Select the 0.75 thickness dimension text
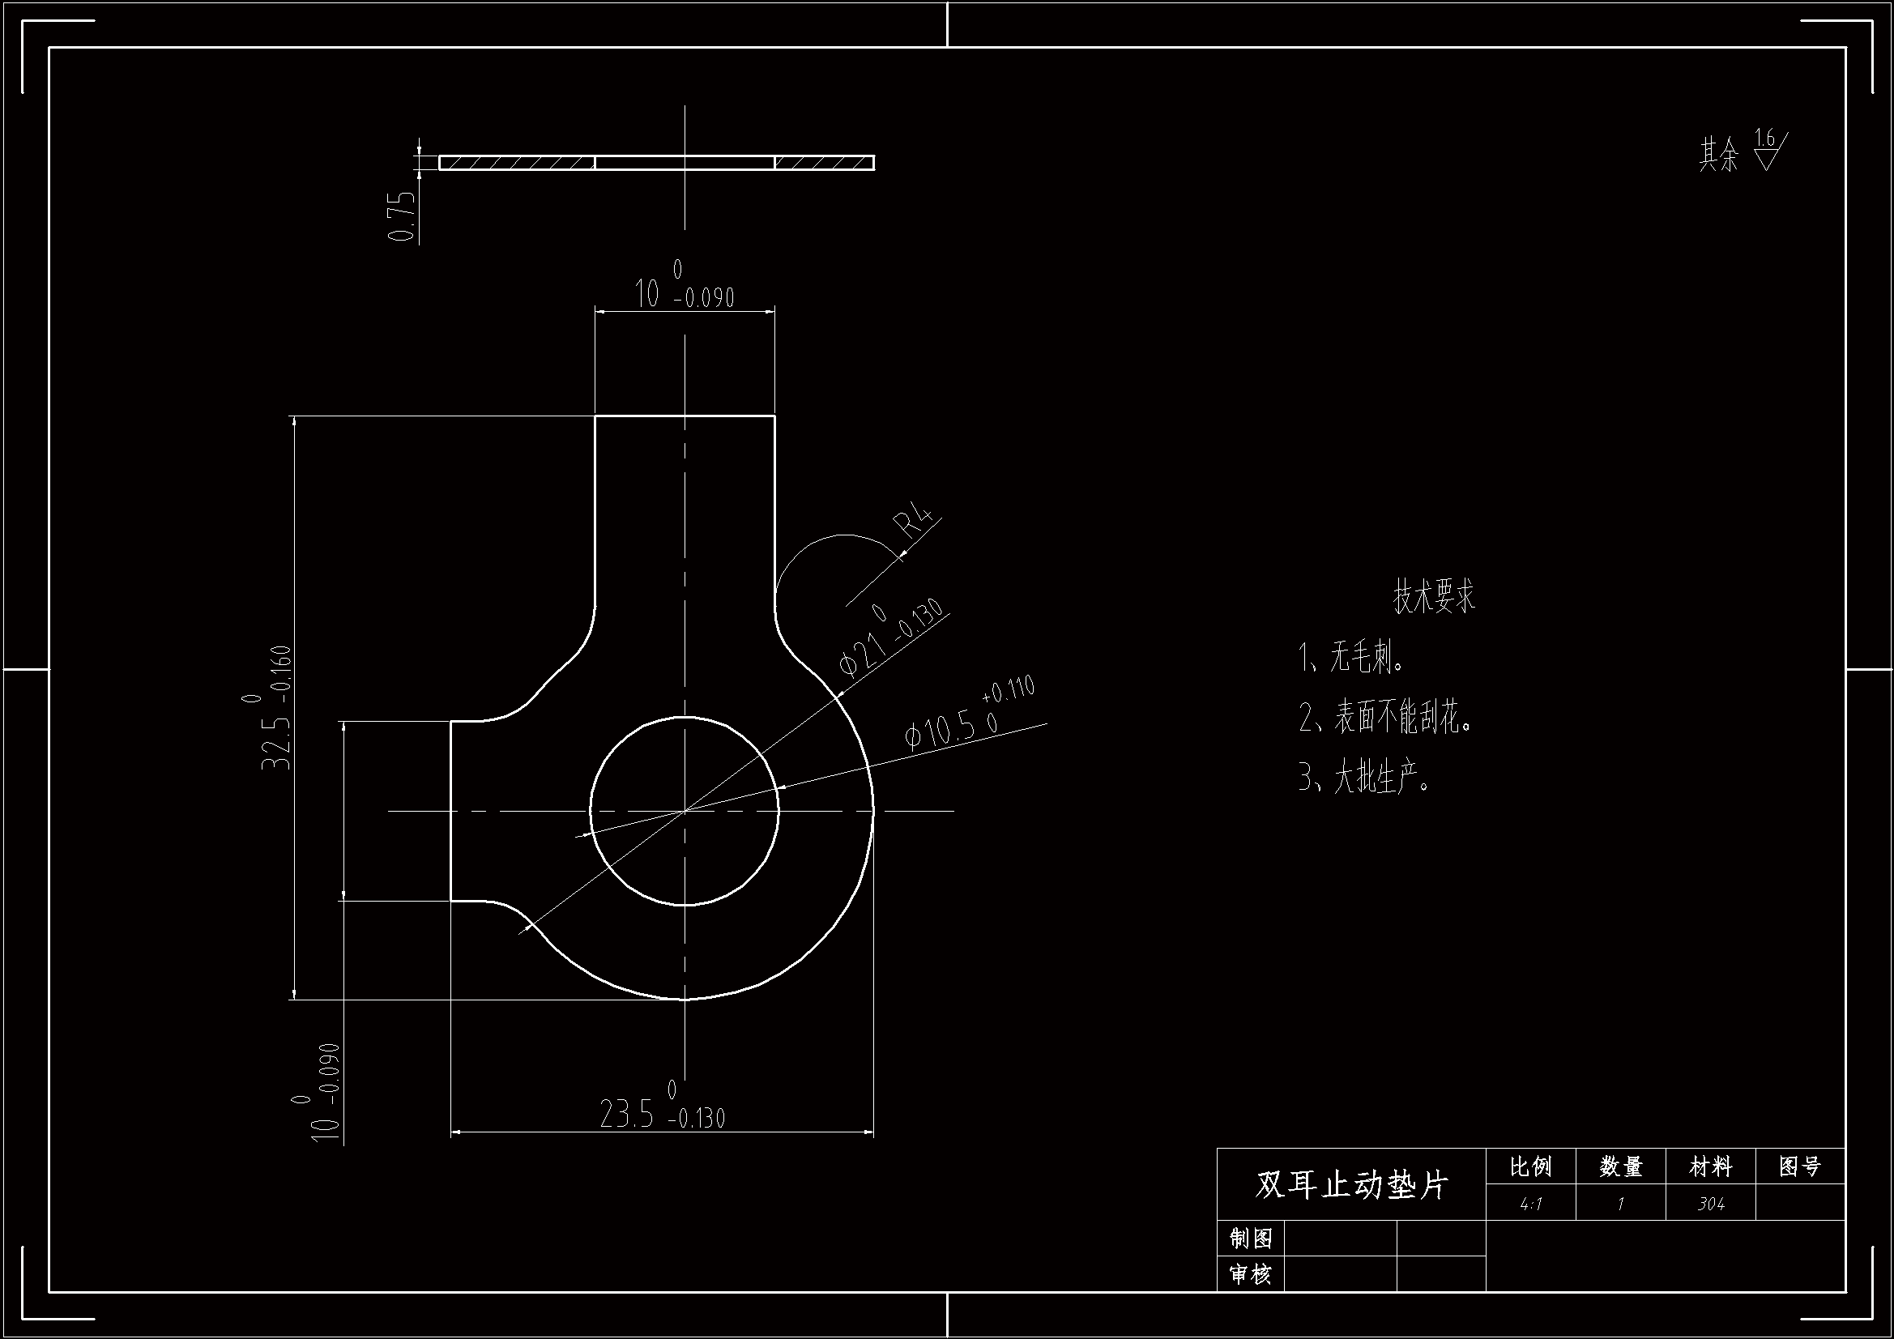pyautogui.click(x=402, y=216)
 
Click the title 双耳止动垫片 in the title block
pyautogui.click(x=1351, y=1185)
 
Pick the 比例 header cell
pyautogui.click(x=1530, y=1166)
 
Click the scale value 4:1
pyautogui.click(x=1530, y=1204)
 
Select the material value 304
pyautogui.click(x=1711, y=1204)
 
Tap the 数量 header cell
pyautogui.click(x=1620, y=1166)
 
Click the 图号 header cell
pyautogui.click(x=1800, y=1166)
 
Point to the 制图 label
pyautogui.click(x=1251, y=1239)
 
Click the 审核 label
pyautogui.click(x=1251, y=1275)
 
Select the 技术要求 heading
pyautogui.click(x=1434, y=596)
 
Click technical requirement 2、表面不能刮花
pyautogui.click(x=1386, y=718)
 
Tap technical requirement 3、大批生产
pyautogui.click(x=1365, y=777)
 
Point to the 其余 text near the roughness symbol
pyautogui.click(x=1718, y=155)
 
